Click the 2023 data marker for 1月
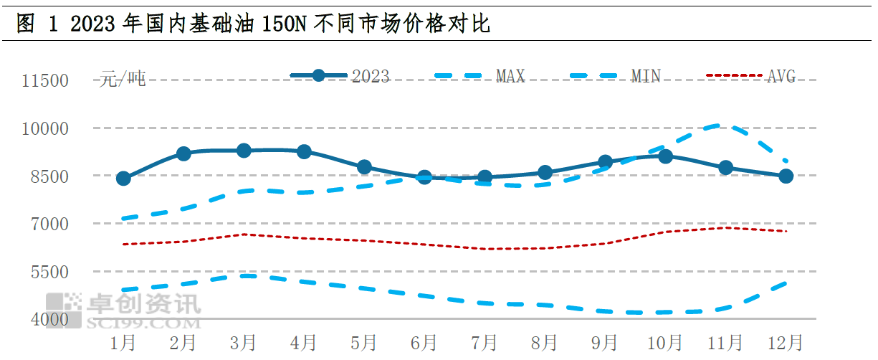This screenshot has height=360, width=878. click(123, 178)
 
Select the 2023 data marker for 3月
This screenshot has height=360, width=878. click(244, 151)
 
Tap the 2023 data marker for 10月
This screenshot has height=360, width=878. click(665, 156)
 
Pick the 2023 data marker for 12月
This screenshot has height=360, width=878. click(786, 176)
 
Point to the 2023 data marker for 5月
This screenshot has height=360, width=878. click(364, 167)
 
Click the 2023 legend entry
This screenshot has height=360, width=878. click(340, 76)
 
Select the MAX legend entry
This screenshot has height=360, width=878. click(480, 76)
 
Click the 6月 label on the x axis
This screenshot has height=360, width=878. click(424, 343)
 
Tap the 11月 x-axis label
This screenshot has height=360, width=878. click(725, 343)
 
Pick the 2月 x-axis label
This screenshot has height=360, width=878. click(183, 343)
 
